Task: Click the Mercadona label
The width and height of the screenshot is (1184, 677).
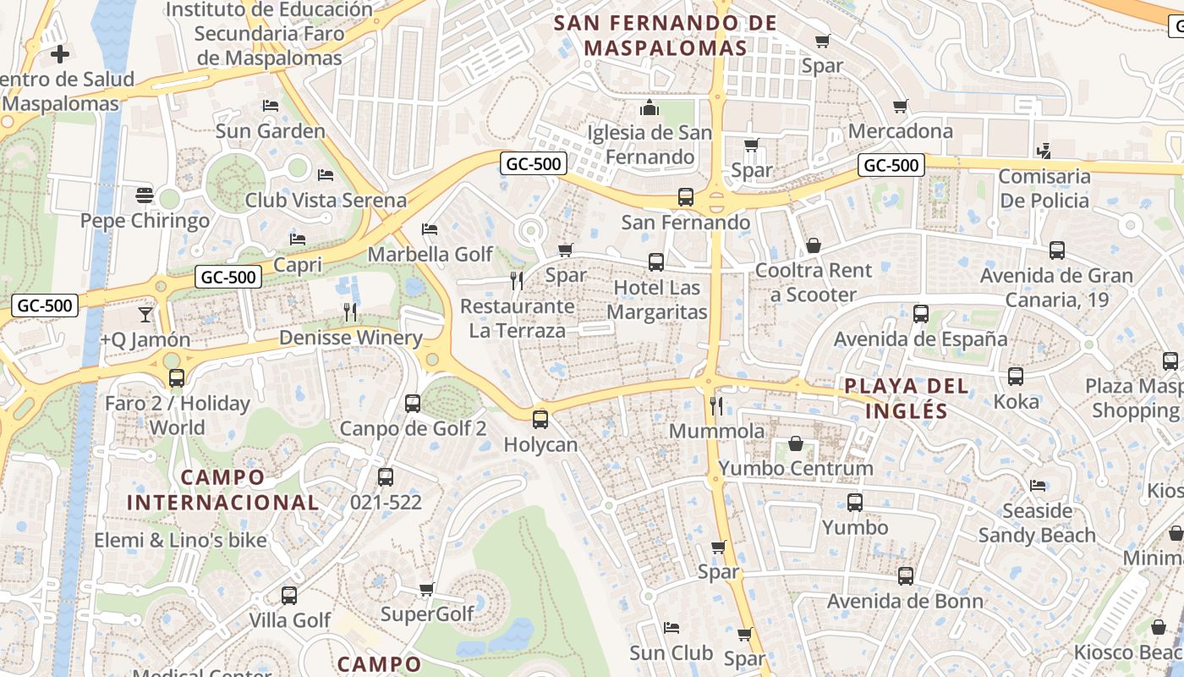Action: pos(900,131)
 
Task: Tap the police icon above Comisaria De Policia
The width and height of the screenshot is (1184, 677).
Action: pos(1044,151)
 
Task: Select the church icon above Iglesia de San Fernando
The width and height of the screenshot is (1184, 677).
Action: pos(650,107)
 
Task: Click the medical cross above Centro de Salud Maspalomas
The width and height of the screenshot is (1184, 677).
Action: pos(59,55)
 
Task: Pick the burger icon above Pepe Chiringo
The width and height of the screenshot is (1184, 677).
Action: pos(144,195)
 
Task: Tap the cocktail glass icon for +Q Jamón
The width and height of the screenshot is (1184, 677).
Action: pos(145,314)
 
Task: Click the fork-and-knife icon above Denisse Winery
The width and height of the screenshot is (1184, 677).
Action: pos(350,312)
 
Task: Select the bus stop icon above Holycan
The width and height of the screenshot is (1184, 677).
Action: pos(540,419)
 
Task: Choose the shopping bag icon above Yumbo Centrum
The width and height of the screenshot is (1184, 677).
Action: pos(796,443)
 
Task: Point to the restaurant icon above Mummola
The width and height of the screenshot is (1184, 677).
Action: pos(716,406)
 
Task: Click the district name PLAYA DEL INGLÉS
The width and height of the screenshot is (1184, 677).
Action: pos(896,399)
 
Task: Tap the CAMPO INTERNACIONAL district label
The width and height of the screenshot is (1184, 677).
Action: pos(222,490)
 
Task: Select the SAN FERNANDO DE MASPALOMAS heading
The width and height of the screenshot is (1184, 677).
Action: pos(665,36)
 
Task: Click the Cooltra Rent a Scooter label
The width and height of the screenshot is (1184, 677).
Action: pos(813,283)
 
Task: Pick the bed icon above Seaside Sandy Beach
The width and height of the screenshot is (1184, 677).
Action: pos(1037,486)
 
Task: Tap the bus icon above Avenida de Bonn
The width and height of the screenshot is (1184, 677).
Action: pos(905,576)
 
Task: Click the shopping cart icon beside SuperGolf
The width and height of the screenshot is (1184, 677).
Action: pos(427,589)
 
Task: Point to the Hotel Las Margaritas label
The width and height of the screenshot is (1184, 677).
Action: pos(657,300)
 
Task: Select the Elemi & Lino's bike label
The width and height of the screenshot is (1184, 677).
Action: pos(180,540)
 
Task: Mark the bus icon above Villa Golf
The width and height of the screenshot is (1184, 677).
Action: pos(289,595)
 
